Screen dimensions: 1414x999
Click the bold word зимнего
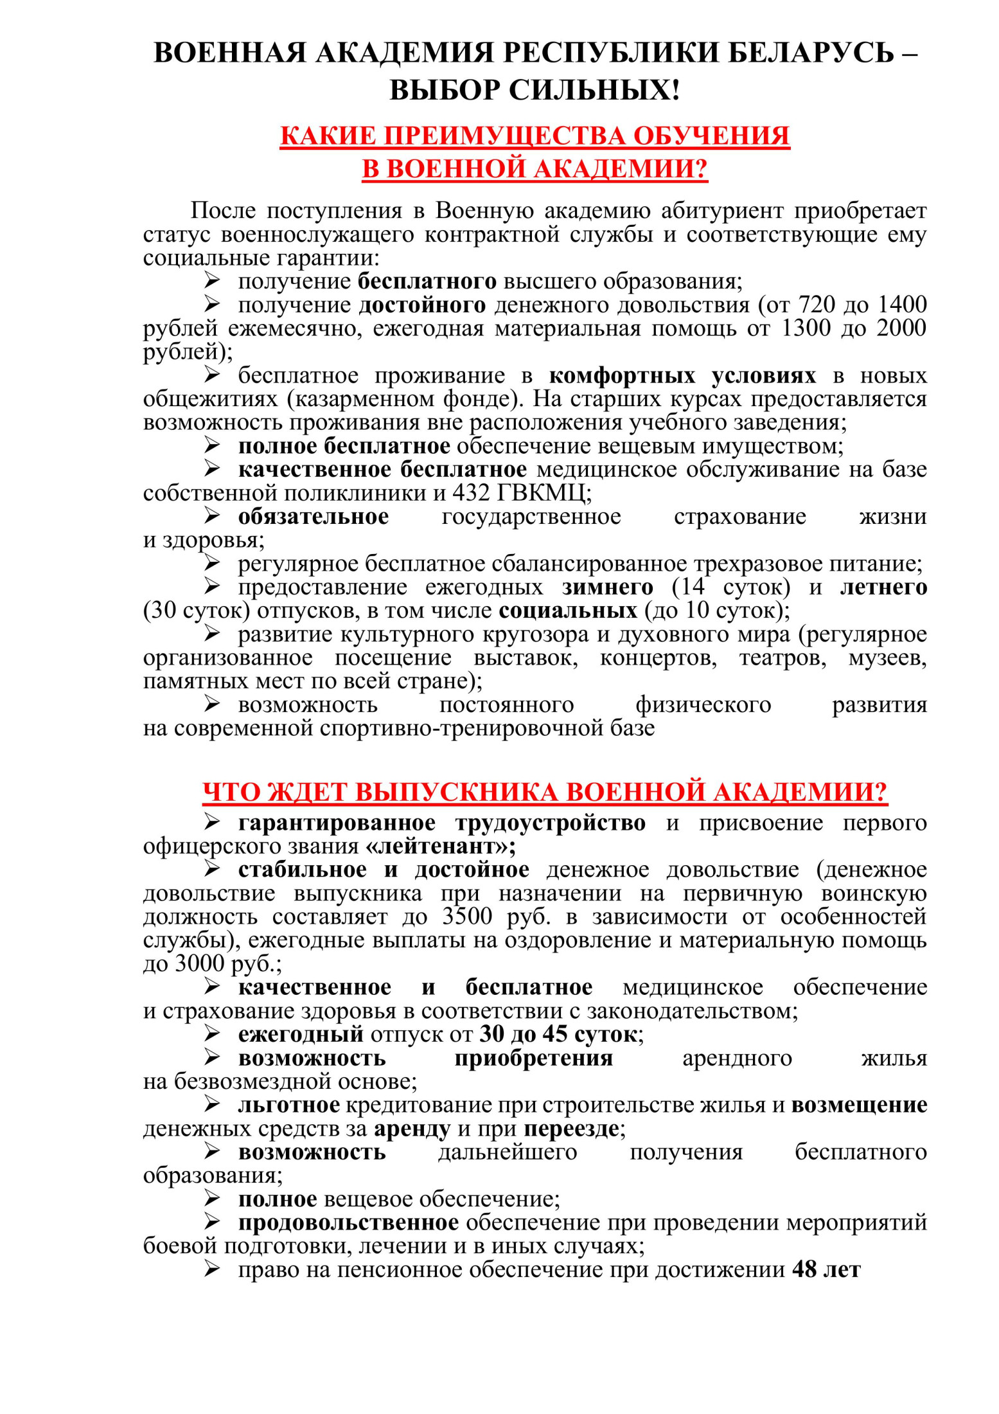(607, 587)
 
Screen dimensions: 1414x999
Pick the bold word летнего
(883, 587)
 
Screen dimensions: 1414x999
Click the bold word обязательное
(313, 517)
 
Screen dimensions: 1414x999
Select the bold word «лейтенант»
(440, 846)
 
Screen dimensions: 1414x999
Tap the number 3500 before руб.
(467, 917)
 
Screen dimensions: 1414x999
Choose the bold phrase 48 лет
(826, 1270)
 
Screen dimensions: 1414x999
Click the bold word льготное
(288, 1105)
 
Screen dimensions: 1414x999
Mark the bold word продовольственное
(348, 1222)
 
